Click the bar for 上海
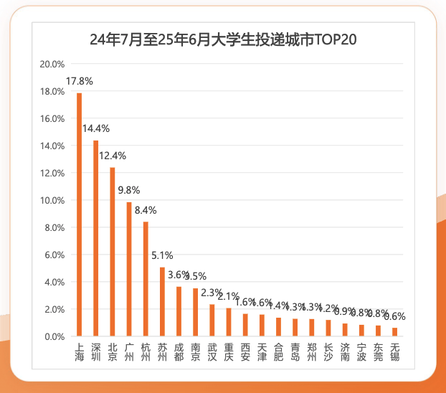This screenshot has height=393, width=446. point(79,215)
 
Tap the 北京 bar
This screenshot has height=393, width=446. point(112,252)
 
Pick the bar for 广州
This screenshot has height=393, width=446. point(129,270)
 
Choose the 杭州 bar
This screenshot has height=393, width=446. point(146,279)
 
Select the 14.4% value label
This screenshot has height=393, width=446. point(95,128)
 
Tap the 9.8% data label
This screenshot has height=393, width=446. point(129,190)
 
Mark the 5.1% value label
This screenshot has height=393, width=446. point(162,255)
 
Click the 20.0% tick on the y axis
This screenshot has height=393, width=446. point(52,65)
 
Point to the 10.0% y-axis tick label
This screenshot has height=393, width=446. point(52,201)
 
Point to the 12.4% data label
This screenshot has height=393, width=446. point(113,156)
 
